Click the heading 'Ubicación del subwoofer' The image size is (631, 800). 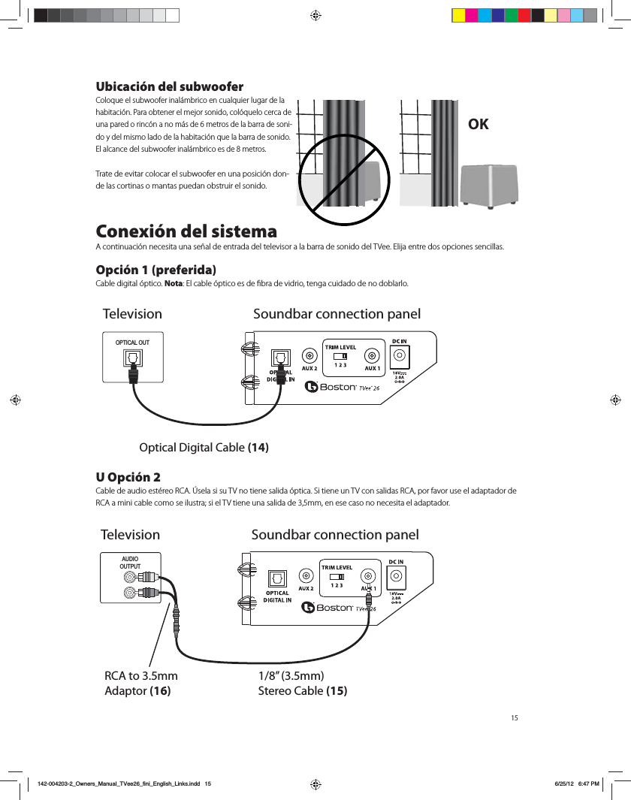pos(169,86)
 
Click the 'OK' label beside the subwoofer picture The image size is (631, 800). pos(478,124)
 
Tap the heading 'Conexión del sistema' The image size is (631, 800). pos(187,230)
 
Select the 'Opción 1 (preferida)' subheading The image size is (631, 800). pos(156,270)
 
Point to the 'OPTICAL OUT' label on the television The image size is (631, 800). pos(132,343)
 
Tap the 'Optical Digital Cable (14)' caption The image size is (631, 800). pos(204,448)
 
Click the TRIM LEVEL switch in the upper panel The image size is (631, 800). pos(340,356)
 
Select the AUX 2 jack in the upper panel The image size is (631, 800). pos(309,355)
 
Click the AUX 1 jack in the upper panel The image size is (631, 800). pos(372,355)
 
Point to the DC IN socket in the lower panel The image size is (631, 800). pos(396,576)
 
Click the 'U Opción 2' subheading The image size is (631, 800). pos(127,477)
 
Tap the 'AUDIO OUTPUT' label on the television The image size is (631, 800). pos(130,563)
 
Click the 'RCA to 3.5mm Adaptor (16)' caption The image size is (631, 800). pos(141,684)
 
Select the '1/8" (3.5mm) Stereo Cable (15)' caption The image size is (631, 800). pos(303,684)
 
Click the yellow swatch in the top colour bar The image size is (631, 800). pos(458,15)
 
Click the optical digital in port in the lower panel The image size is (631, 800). pos(277,577)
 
